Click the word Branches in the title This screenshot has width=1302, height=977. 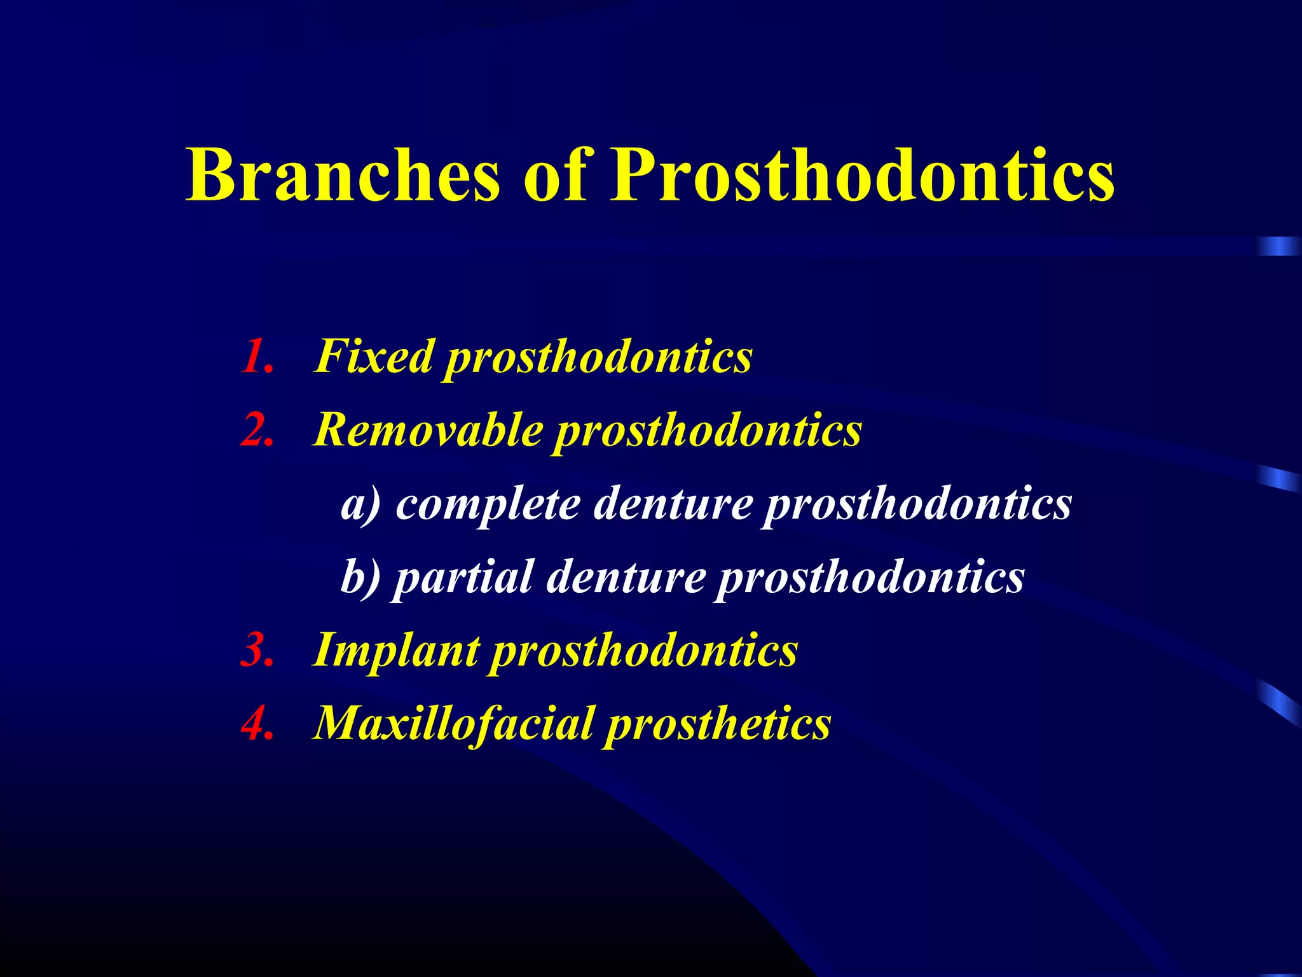[343, 175]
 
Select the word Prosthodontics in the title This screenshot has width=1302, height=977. [861, 175]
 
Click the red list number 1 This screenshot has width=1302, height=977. [258, 356]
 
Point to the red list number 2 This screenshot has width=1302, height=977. [258, 430]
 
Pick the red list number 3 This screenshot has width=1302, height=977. [258, 651]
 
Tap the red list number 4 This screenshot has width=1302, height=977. [258, 724]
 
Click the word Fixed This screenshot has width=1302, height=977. [375, 356]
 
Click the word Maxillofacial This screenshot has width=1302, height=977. [455, 724]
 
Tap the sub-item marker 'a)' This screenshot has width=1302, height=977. [360, 504]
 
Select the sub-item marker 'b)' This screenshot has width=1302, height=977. [360, 578]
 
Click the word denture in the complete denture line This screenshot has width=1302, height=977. [673, 504]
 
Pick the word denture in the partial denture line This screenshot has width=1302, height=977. [626, 578]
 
